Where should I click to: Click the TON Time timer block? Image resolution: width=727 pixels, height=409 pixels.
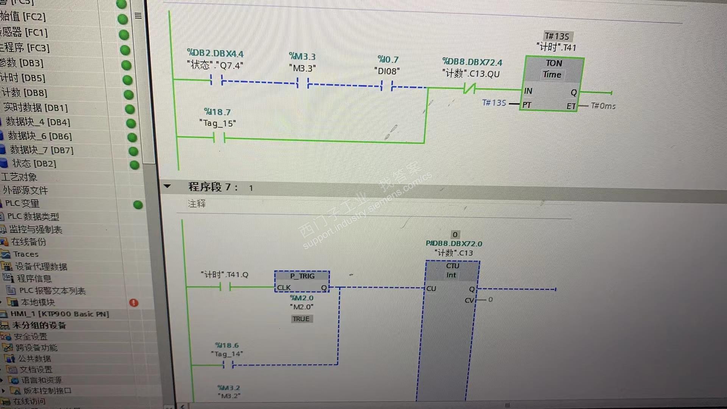click(552, 83)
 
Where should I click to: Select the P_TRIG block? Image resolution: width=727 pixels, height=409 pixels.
click(302, 281)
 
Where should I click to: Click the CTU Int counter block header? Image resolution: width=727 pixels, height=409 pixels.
click(452, 270)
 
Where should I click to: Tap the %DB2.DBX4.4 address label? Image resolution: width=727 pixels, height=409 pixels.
click(215, 54)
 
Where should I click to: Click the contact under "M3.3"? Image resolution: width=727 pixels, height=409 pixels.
click(303, 83)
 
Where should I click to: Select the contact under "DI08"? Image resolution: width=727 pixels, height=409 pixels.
click(387, 86)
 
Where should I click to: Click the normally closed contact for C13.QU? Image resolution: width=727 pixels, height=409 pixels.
click(470, 89)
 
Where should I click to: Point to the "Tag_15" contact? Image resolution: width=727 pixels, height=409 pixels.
click(219, 138)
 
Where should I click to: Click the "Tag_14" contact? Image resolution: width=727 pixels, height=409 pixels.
click(228, 365)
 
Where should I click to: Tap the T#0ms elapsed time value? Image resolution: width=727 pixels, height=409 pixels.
click(603, 106)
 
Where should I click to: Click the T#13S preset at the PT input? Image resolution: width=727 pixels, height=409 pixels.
click(494, 103)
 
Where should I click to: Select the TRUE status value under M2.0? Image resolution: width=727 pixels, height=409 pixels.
click(301, 319)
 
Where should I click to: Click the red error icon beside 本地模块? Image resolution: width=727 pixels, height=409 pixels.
click(134, 303)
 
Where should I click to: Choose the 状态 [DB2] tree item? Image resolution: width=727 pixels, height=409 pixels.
click(34, 164)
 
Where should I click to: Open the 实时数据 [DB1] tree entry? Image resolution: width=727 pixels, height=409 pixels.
click(36, 108)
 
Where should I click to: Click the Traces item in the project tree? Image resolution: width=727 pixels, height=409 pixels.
click(26, 254)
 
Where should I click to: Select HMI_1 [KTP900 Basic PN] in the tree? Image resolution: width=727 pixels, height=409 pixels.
click(59, 314)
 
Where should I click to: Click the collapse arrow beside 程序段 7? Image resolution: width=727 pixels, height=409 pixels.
click(167, 186)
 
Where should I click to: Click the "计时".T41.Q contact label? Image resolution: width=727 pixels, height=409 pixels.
click(225, 275)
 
